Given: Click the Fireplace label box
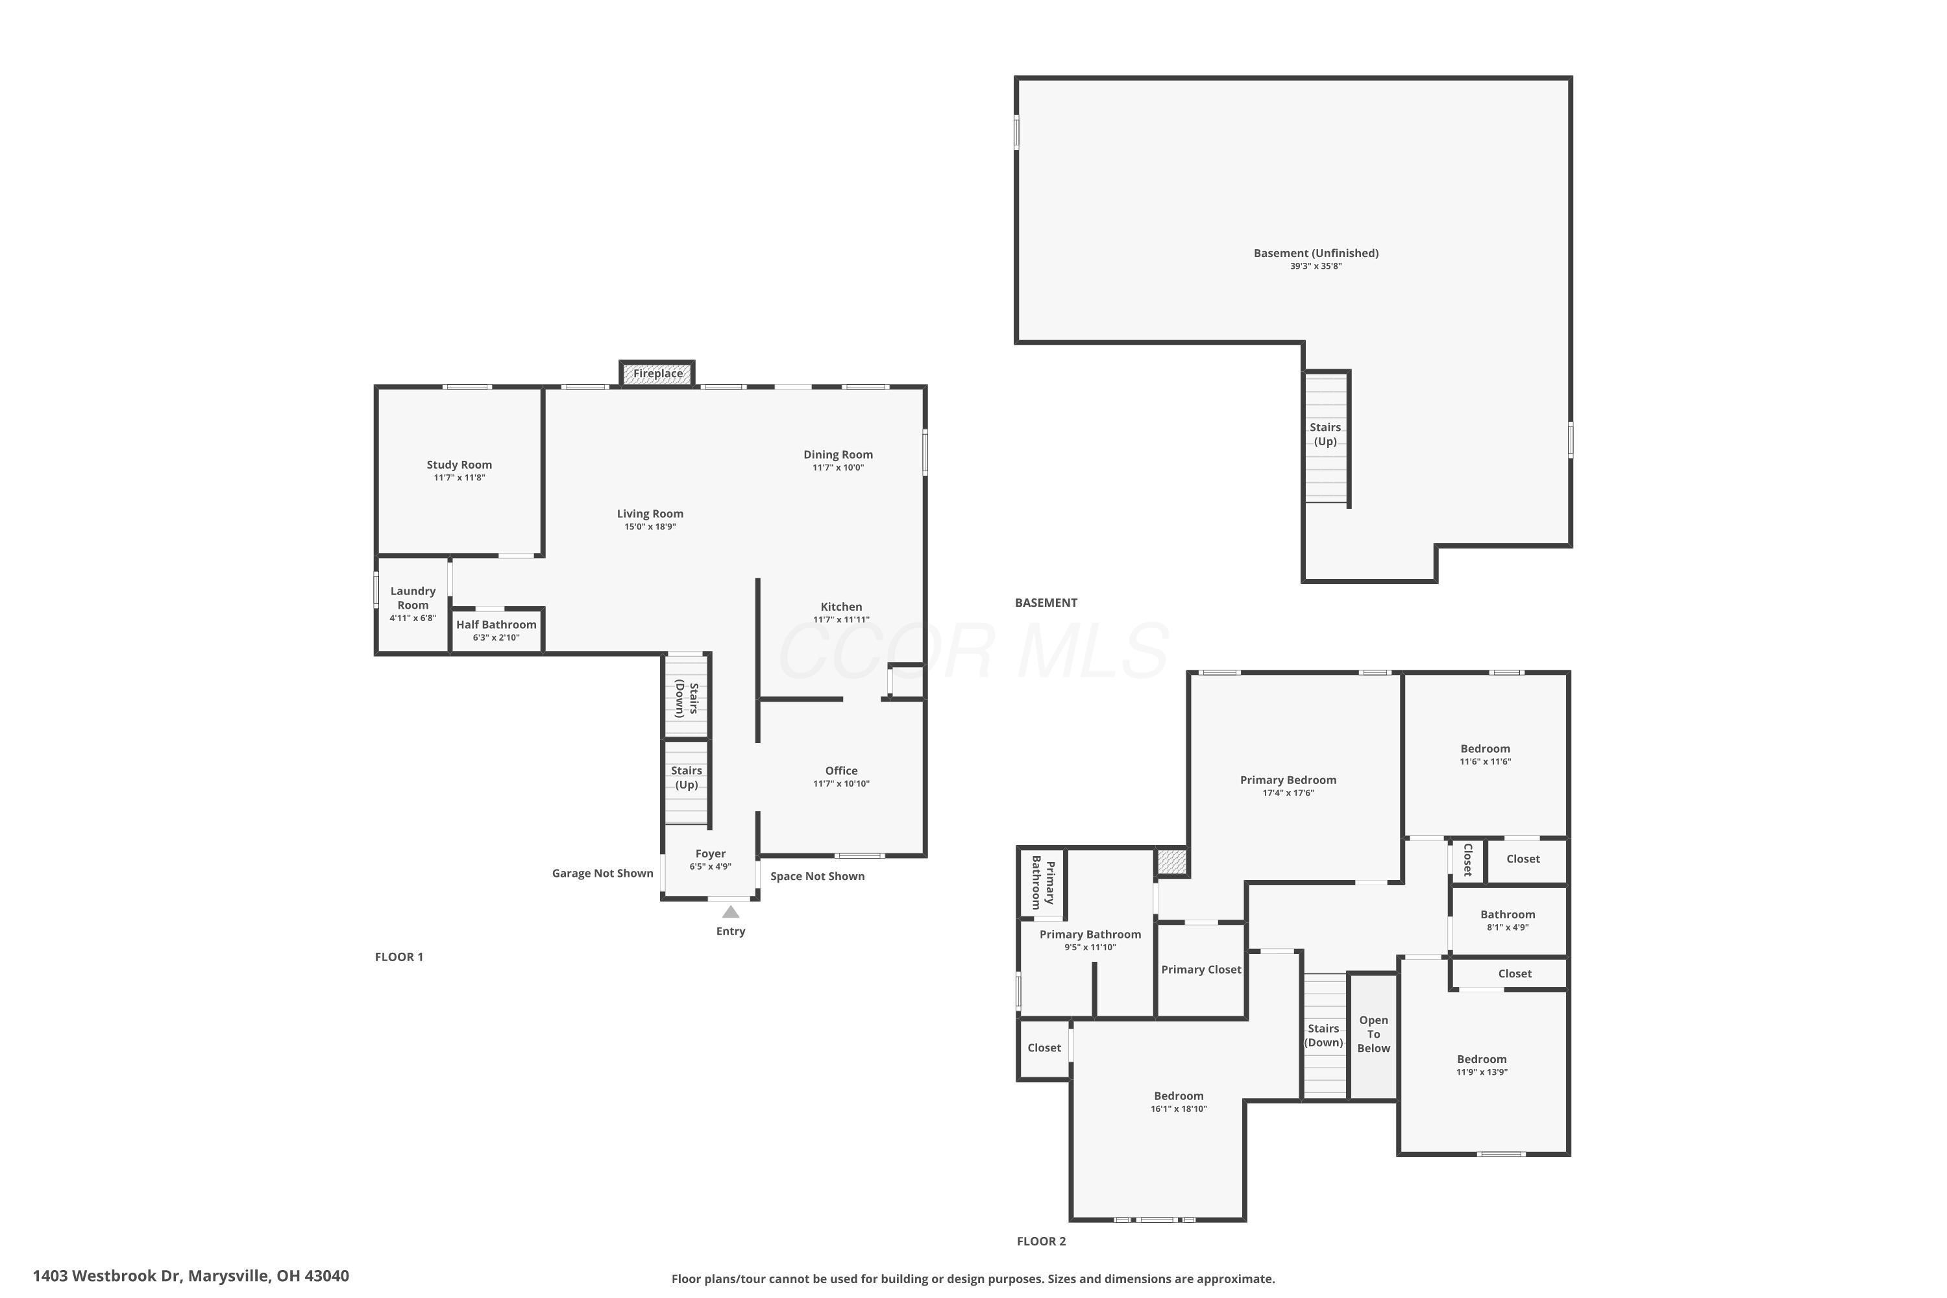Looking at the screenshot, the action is pos(657,373).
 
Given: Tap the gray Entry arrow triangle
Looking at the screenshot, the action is pos(730,912).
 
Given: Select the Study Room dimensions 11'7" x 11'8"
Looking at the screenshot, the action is pos(459,478).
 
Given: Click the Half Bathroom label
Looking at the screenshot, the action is pos(496,625).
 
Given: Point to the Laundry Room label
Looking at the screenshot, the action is pos(413,598).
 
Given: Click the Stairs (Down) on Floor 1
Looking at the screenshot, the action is pos(686,697).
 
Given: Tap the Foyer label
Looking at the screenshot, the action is pos(710,853).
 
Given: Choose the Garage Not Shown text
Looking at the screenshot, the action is pos(603,874).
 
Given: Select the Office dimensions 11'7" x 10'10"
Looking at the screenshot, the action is pos(841,784).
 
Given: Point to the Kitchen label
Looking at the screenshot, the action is pos(841,607).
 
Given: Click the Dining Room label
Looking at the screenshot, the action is pos(838,454).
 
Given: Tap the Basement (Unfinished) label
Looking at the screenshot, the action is pos(1316,253).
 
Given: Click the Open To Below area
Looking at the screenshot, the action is pos(1373,1036).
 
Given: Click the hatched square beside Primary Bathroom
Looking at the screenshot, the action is pos(1172,862).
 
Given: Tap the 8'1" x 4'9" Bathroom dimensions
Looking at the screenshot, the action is pos(1508,928).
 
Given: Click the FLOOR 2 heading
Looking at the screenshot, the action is pos(1042,1241).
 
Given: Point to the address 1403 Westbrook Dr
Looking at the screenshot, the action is pos(107,1276).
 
